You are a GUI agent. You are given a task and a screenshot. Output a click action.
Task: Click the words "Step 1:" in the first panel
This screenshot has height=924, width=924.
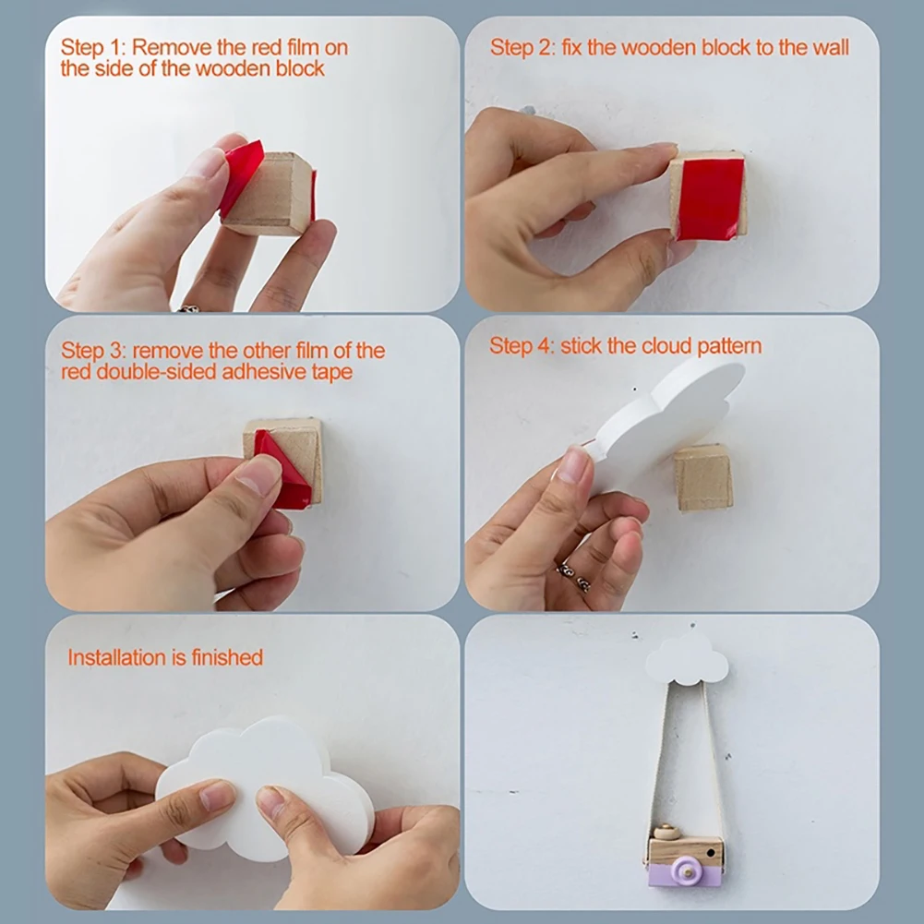click(x=93, y=47)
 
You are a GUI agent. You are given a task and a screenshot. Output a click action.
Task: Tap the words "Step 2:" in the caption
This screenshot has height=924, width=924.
click(x=522, y=47)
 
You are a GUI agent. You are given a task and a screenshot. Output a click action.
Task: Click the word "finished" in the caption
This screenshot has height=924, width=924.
click(x=227, y=657)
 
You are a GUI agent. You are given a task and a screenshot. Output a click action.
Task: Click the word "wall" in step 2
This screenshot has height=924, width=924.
click(x=832, y=47)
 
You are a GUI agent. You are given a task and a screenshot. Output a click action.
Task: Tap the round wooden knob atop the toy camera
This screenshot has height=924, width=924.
click(x=666, y=832)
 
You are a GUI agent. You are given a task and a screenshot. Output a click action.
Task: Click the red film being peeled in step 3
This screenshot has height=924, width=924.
click(x=282, y=469)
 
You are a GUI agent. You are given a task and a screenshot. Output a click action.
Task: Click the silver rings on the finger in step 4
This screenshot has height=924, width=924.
click(x=574, y=577)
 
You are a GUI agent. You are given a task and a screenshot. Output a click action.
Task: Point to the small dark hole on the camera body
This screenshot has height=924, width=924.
click(x=713, y=852)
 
